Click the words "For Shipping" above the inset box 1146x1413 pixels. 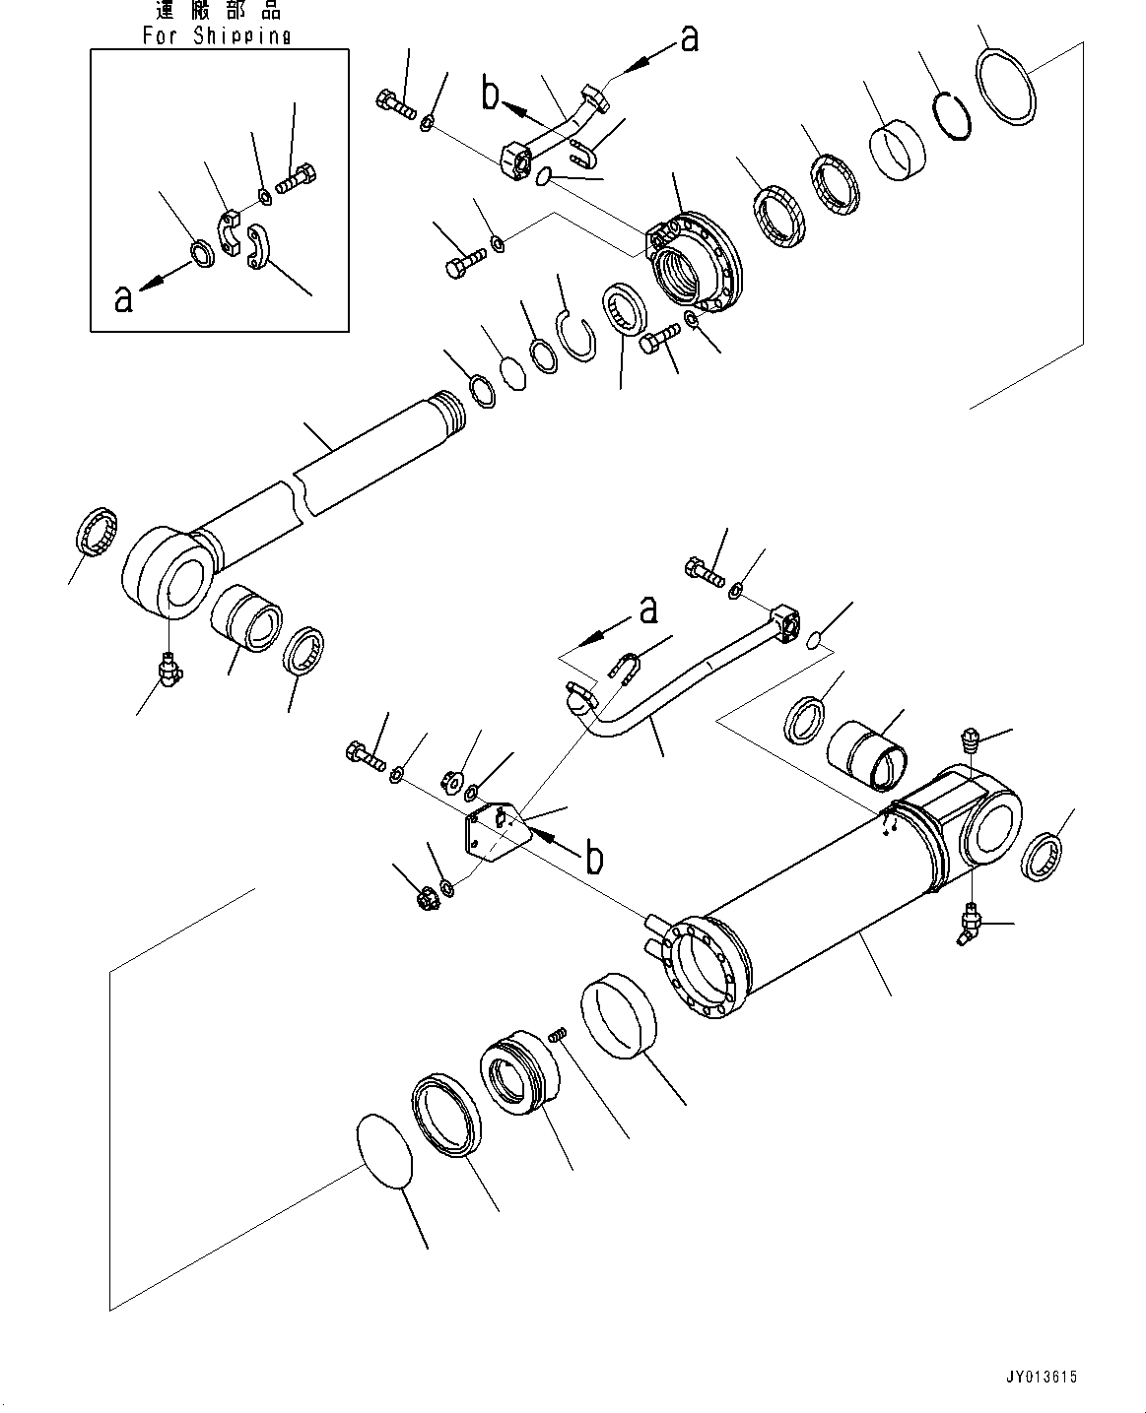point(217,35)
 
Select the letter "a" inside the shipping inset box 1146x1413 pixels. point(123,297)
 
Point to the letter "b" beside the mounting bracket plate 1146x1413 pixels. point(594,858)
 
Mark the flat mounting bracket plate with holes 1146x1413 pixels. point(497,830)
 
